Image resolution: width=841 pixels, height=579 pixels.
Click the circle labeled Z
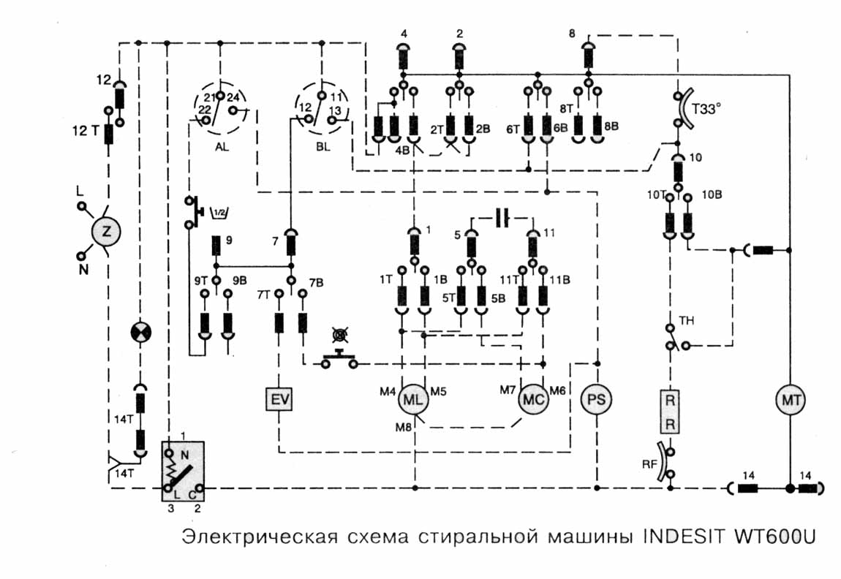click(x=107, y=232)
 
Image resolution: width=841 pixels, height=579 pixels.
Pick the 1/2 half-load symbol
click(x=217, y=213)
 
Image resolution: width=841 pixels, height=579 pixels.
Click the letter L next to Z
click(x=80, y=190)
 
